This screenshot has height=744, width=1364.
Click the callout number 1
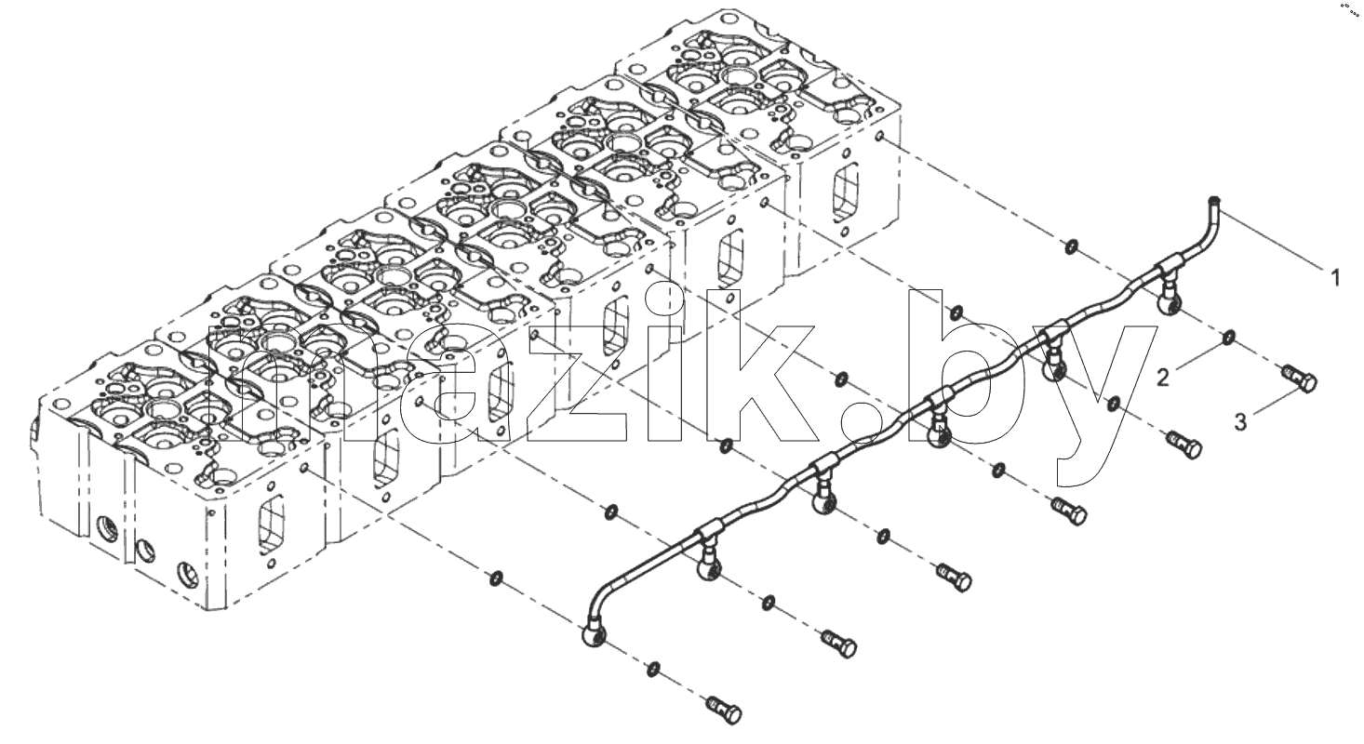click(1335, 278)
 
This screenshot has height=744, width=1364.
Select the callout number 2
click(1163, 379)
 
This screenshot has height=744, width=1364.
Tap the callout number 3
click(1240, 422)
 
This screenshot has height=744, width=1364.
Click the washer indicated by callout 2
click(1228, 336)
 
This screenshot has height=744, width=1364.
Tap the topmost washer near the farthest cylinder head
click(1071, 246)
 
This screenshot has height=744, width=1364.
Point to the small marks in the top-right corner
click(1351, 7)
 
